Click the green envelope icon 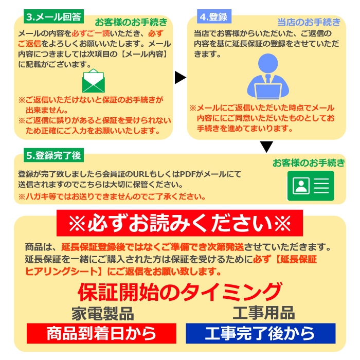(x=94, y=81)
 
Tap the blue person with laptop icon (x=268, y=77)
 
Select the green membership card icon (x=311, y=186)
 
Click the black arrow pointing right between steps (x=180, y=77)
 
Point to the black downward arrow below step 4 (x=266, y=147)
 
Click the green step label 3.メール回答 (x=53, y=16)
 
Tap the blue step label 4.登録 (x=214, y=16)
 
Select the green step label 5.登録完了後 (x=53, y=155)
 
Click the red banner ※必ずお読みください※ (x=180, y=223)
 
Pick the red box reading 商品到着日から (x=101, y=333)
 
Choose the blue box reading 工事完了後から (x=261, y=333)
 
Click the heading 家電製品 (x=103, y=313)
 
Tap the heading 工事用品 (x=264, y=313)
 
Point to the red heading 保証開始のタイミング (x=180, y=292)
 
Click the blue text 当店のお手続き (x=309, y=22)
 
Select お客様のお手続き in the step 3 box (x=131, y=22)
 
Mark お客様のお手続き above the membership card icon (x=309, y=163)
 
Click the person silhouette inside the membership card (x=301, y=186)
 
